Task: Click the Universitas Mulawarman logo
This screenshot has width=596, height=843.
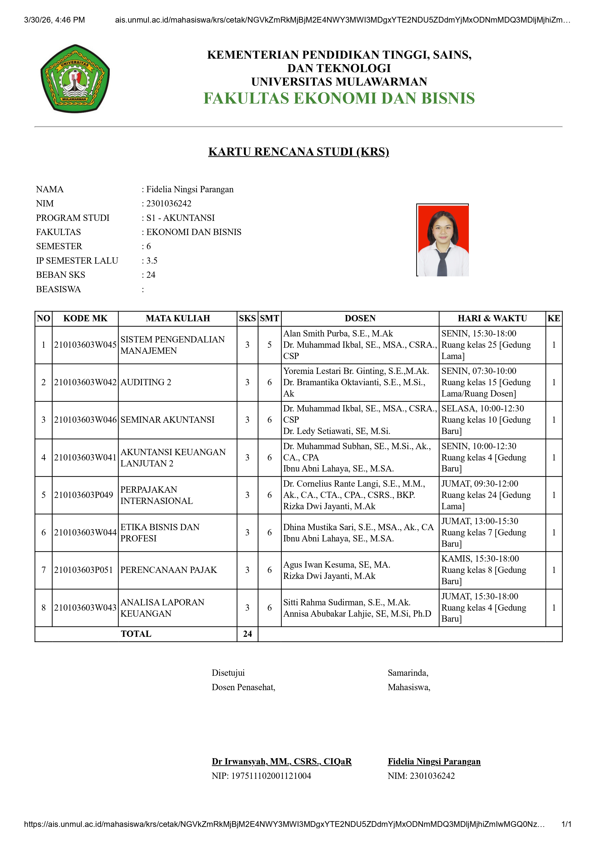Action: point(75,79)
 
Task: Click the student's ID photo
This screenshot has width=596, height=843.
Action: point(443,240)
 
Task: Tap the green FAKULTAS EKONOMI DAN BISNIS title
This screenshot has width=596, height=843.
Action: point(339,98)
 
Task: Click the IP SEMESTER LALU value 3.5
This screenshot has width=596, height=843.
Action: point(152,261)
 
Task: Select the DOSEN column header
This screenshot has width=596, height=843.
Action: point(360,318)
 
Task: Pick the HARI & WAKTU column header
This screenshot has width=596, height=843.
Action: point(492,318)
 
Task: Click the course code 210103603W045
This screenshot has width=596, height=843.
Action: point(85,345)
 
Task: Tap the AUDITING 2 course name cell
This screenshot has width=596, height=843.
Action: point(146,382)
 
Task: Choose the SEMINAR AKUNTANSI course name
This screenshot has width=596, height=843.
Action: point(168,420)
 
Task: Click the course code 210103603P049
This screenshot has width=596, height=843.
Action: point(84,495)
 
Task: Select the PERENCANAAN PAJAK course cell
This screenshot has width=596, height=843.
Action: point(169,570)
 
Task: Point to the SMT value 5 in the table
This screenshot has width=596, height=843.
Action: point(270,345)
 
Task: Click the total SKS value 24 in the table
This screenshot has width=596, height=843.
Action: point(247,634)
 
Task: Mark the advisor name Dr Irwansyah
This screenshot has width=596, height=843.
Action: point(281,762)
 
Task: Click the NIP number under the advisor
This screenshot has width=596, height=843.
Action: point(262,776)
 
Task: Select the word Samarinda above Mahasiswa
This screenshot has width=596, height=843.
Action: point(408,673)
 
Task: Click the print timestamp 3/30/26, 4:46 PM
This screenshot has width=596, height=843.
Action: point(54,20)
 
